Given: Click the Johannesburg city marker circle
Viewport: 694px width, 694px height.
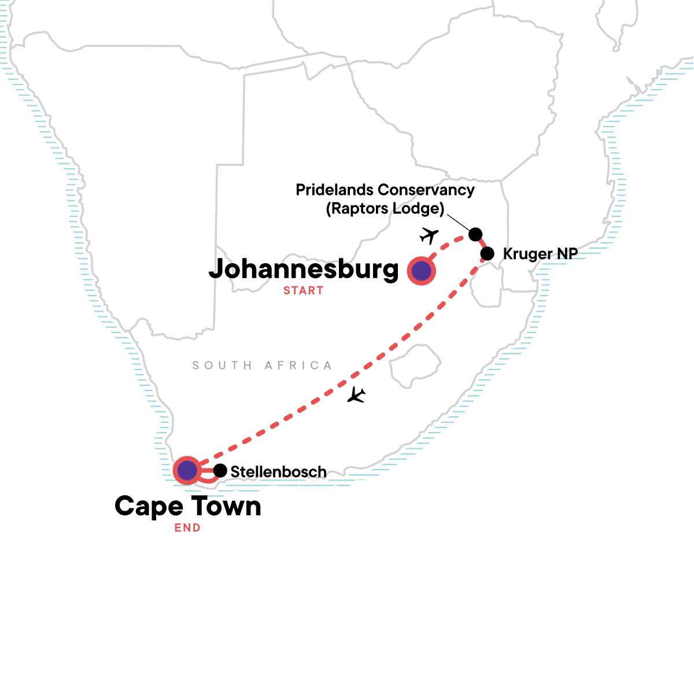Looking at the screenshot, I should pyautogui.click(x=421, y=271).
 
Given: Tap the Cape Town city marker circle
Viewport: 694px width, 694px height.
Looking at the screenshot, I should pyautogui.click(x=187, y=471).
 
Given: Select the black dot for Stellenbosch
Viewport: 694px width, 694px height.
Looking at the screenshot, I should pyautogui.click(x=220, y=471).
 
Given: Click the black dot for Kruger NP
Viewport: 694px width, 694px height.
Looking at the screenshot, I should pyautogui.click(x=488, y=253).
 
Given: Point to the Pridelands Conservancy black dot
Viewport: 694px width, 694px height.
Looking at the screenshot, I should pyautogui.click(x=475, y=234).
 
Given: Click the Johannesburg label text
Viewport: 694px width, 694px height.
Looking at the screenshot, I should pyautogui.click(x=304, y=270).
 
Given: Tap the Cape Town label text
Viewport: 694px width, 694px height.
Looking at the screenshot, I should pyautogui.click(x=187, y=506).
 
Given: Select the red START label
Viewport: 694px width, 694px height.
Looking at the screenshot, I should pyautogui.click(x=303, y=291).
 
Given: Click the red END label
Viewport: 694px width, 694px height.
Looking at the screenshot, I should pyautogui.click(x=187, y=528).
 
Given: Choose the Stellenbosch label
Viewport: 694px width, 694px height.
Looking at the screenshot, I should pyautogui.click(x=278, y=472).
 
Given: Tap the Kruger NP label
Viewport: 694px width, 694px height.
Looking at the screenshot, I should pyautogui.click(x=540, y=253).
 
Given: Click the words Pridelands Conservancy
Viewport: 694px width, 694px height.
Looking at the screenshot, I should pyautogui.click(x=385, y=190).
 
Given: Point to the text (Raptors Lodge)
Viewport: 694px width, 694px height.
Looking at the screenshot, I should pyautogui.click(x=385, y=208).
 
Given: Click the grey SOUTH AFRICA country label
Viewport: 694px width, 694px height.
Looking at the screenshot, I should pyautogui.click(x=262, y=366).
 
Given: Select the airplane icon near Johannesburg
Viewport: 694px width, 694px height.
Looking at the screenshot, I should pyautogui.click(x=429, y=235).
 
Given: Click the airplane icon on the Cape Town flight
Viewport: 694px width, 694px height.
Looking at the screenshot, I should pyautogui.click(x=356, y=395).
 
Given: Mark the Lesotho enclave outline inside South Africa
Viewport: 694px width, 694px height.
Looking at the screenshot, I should pyautogui.click(x=414, y=366).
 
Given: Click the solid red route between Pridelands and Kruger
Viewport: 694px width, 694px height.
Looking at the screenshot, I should pyautogui.click(x=481, y=244).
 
